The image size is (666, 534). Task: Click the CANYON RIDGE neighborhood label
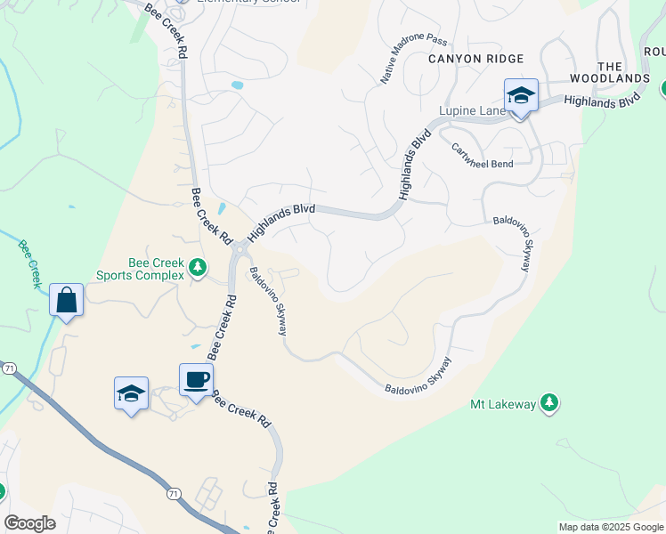pyautogui.click(x=475, y=59)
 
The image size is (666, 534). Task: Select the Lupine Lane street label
pyautogui.click(x=471, y=111)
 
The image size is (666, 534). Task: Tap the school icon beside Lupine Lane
pyautogui.click(x=521, y=96)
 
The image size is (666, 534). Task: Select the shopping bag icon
pyautogui.click(x=67, y=300)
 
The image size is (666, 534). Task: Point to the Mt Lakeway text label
pyautogui.click(x=503, y=405)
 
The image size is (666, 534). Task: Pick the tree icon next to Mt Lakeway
pyautogui.click(x=550, y=404)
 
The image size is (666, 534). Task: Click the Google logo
pyautogui.click(x=29, y=522)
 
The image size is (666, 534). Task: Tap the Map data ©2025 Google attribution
pyautogui.click(x=611, y=527)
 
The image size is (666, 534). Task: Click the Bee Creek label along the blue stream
pyautogui.click(x=29, y=260)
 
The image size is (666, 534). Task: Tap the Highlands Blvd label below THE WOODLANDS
pyautogui.click(x=602, y=101)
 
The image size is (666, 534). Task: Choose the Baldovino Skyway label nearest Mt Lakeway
pyautogui.click(x=418, y=377)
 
